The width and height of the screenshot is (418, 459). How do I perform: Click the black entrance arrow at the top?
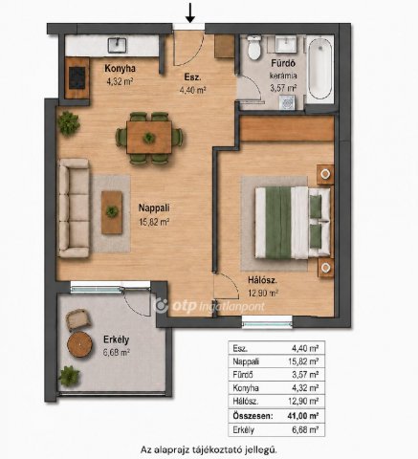(x=190, y=12)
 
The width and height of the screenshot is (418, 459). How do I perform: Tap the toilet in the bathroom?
(x=254, y=48)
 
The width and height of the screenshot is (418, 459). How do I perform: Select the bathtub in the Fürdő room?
(x=319, y=69)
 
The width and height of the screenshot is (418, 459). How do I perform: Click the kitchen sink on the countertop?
(x=118, y=45)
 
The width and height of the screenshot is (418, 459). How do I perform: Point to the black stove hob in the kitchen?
(x=77, y=77)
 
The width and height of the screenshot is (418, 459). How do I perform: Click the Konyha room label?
(x=120, y=69)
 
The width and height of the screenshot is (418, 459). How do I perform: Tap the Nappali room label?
(x=154, y=208)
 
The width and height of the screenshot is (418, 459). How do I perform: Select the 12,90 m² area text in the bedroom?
(x=263, y=293)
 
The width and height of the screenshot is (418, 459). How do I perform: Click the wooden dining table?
(x=149, y=138)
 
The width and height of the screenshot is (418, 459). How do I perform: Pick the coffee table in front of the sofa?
(x=112, y=212)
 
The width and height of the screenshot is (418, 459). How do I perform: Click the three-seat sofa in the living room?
(x=74, y=208)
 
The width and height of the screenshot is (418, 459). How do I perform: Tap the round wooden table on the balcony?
(x=79, y=344)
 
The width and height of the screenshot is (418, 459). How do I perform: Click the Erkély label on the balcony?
(x=116, y=339)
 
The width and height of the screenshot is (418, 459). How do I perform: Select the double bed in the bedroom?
(x=293, y=223)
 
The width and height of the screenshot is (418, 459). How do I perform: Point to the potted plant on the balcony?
(x=69, y=376)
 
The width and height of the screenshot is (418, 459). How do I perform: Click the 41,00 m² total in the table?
(x=303, y=416)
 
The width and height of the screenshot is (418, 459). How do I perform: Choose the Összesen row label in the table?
(x=253, y=416)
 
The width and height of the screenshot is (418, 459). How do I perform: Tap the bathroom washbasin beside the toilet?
(x=286, y=44)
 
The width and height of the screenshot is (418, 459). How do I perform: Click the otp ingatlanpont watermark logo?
(x=209, y=306)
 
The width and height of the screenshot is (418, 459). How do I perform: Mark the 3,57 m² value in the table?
(x=305, y=375)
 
